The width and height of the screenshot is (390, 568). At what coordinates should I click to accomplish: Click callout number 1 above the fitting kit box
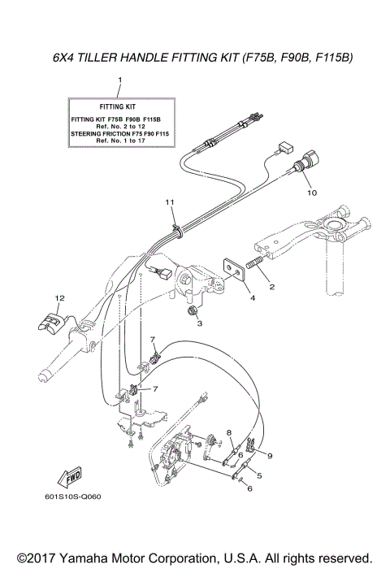pos(120,80)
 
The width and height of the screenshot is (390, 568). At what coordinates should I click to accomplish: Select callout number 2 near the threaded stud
pos(271,287)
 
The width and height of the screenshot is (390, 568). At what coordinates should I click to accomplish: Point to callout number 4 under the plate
pos(253,298)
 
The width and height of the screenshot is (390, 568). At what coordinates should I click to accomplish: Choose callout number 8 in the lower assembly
pos(229,432)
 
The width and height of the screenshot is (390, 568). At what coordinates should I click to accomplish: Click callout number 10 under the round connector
pos(309,193)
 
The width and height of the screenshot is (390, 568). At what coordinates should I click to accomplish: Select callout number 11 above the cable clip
pos(170,201)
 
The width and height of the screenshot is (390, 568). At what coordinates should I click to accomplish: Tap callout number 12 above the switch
pos(58,297)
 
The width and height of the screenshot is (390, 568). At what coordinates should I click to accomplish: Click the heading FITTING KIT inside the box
pos(120,106)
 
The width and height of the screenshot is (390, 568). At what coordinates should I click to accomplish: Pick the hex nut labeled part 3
pos(193,310)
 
